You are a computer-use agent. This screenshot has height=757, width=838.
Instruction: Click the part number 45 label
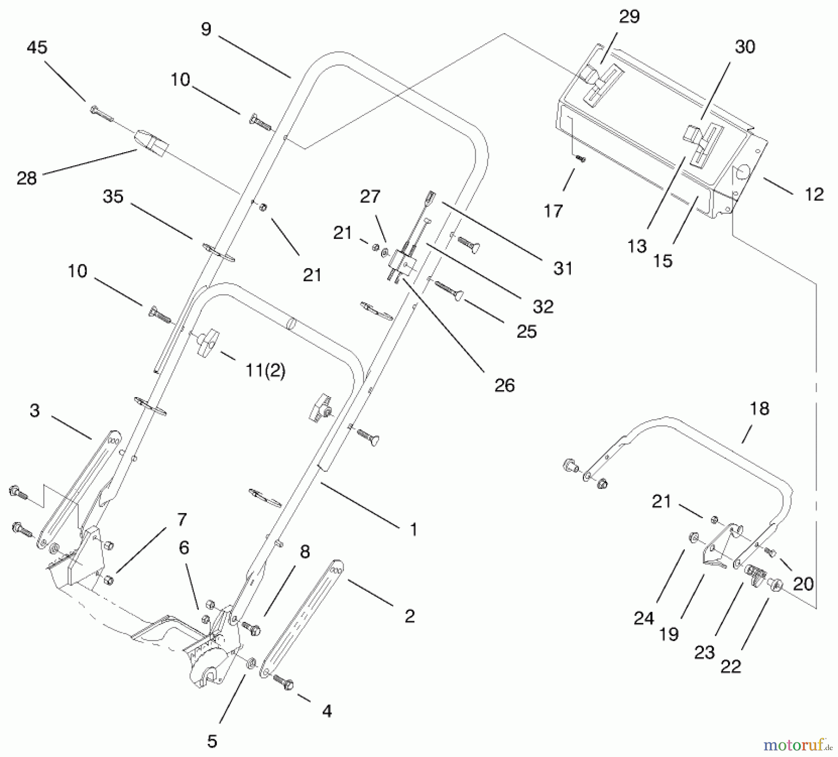[37, 47]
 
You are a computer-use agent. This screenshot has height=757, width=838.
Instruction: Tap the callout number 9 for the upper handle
[206, 29]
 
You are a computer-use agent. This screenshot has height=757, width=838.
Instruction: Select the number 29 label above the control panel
[629, 17]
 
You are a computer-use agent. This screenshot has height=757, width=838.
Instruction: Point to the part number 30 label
[744, 47]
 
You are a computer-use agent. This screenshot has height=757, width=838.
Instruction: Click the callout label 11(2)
[265, 371]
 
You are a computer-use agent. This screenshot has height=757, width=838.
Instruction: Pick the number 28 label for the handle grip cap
[27, 178]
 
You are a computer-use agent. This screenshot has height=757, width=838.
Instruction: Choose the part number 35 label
[113, 196]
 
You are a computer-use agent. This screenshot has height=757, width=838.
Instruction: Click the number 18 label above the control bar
[759, 409]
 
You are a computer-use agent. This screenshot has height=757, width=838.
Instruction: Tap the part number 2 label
[409, 616]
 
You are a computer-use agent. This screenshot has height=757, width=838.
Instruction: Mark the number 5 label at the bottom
[212, 741]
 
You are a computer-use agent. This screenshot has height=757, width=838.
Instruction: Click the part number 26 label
[504, 385]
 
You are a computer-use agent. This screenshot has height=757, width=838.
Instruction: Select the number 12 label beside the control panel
[814, 194]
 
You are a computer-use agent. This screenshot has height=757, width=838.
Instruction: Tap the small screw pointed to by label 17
[581, 159]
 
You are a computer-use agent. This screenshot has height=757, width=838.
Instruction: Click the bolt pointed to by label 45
[101, 113]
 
